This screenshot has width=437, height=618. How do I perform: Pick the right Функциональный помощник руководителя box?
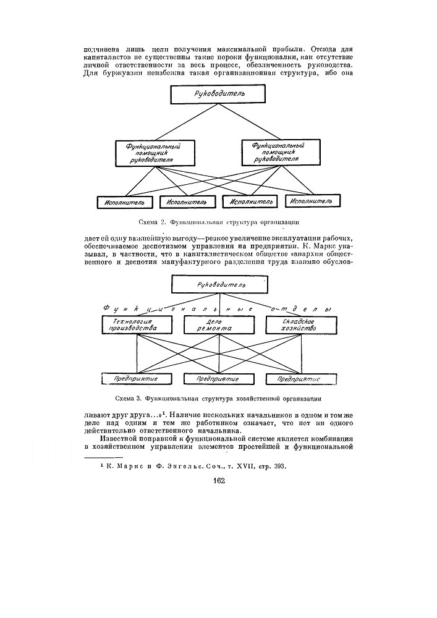[278, 151]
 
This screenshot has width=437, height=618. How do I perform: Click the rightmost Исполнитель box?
[313, 201]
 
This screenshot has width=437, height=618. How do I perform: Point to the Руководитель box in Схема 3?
[220, 285]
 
